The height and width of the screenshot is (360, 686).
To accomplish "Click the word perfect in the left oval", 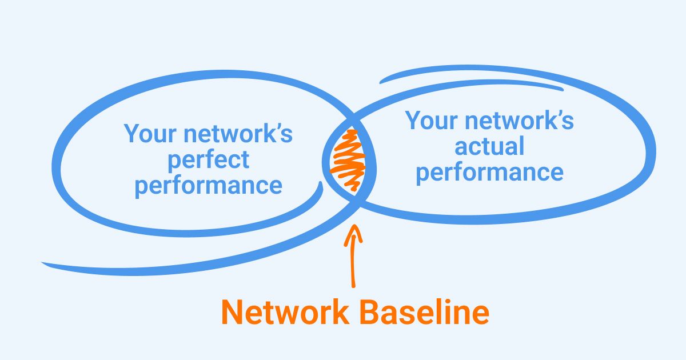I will coord(208,159).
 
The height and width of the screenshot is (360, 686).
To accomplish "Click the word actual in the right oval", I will coord(489,146).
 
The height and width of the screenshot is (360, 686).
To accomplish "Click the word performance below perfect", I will coord(208,186).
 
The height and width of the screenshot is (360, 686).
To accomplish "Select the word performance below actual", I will coord(489,172).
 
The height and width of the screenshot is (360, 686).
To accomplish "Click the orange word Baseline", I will coord(422,313).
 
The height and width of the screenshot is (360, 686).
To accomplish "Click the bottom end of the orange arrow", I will coord(353,285).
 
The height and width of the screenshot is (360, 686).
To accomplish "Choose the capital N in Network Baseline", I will coord(233,313).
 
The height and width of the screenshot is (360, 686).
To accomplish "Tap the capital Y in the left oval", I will coord(133,134).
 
